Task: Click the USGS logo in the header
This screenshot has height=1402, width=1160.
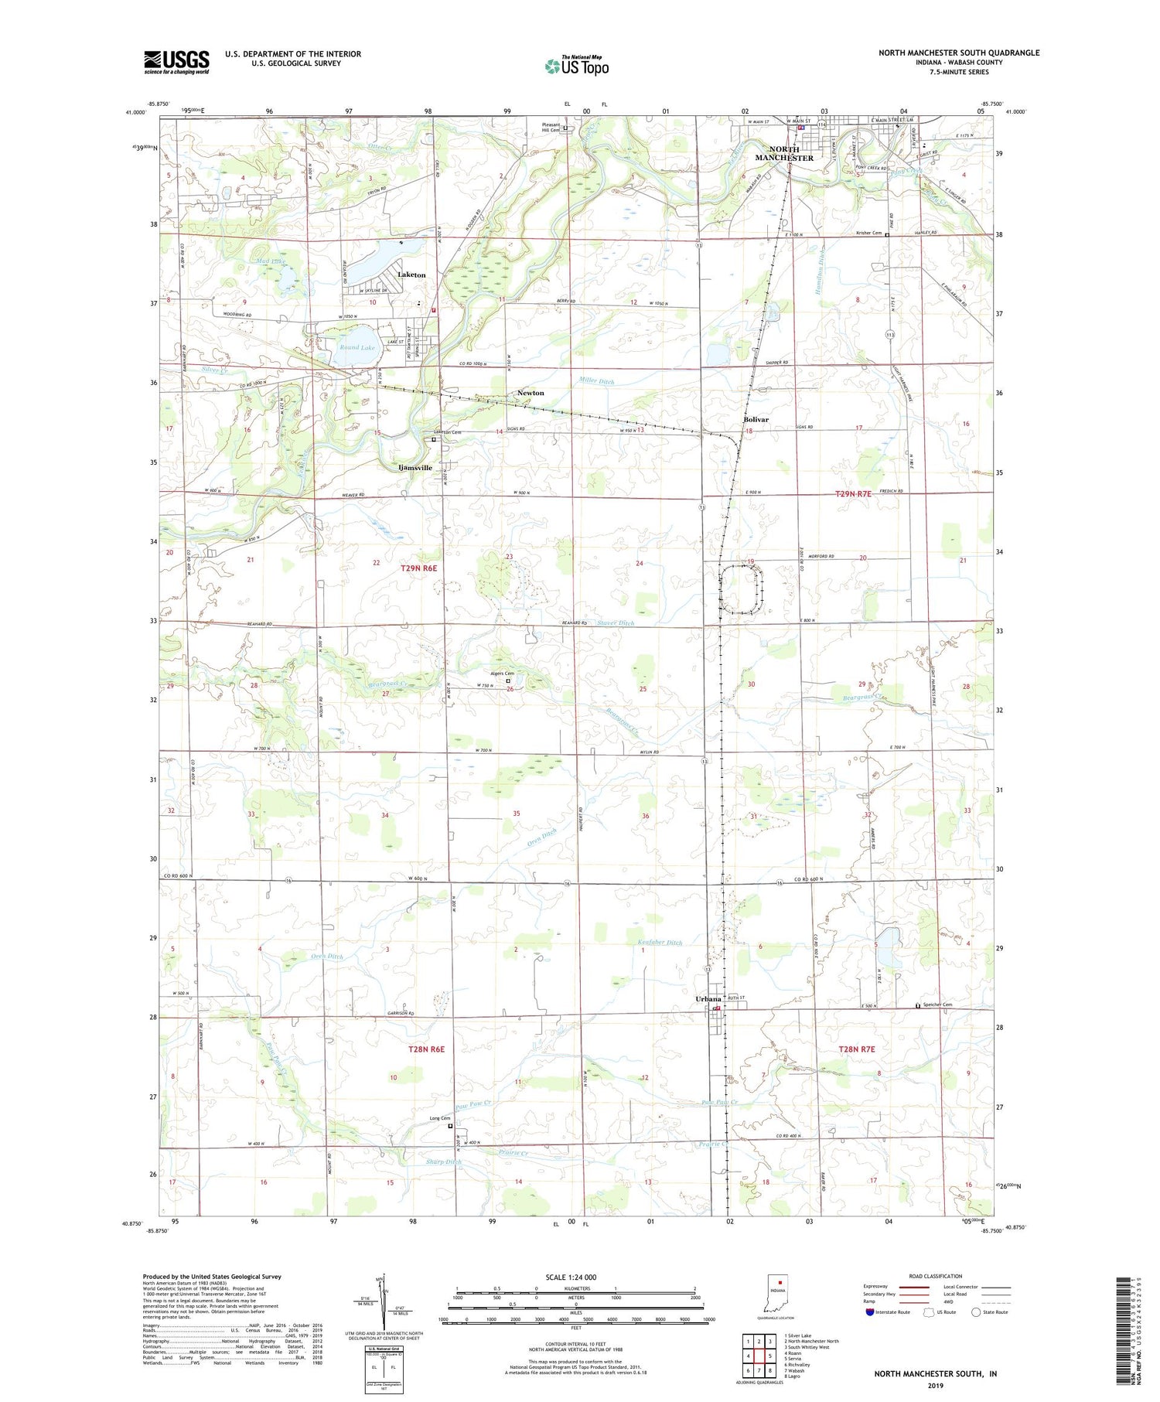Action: pyautogui.click(x=176, y=61)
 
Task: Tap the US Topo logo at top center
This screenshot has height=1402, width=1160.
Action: pyautogui.click(x=576, y=65)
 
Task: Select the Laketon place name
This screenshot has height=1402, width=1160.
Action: pyautogui.click(x=411, y=275)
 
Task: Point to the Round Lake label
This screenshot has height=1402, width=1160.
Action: pyautogui.click(x=357, y=348)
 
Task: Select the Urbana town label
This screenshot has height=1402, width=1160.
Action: pyautogui.click(x=708, y=999)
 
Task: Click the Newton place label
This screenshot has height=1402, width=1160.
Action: pyautogui.click(x=531, y=393)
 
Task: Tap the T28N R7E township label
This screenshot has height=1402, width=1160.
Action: pyautogui.click(x=856, y=1049)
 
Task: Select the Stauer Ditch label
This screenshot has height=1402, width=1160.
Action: pyautogui.click(x=616, y=623)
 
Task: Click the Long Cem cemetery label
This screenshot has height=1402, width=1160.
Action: pyautogui.click(x=440, y=1118)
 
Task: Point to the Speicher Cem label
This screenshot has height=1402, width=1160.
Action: pyautogui.click(x=937, y=1005)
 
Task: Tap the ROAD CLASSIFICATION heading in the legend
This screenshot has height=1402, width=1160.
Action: pyautogui.click(x=936, y=1276)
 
